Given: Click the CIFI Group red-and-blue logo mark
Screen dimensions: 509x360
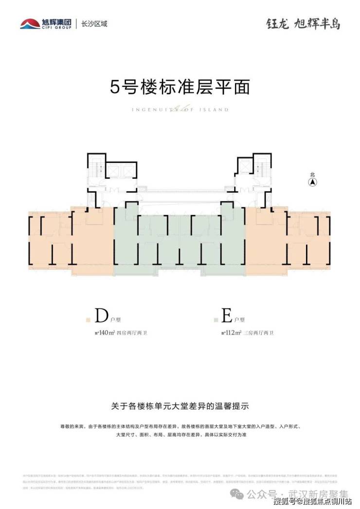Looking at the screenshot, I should point(30,23).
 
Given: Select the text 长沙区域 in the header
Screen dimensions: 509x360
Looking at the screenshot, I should point(94,23).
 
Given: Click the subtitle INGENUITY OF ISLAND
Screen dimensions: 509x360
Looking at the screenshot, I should point(180,110).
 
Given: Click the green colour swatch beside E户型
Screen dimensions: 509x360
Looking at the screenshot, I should point(215,320).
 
